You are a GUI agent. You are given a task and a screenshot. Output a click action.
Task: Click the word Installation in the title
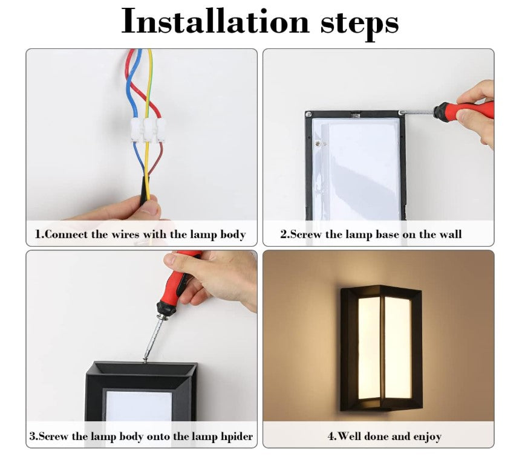(x=215, y=21)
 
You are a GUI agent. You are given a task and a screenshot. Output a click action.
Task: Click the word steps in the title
(x=360, y=24)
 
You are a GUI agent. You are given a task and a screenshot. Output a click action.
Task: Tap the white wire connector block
(x=148, y=130)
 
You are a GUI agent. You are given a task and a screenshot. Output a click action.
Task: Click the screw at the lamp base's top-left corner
(x=308, y=115)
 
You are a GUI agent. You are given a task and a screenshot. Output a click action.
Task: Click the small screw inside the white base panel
(x=318, y=143)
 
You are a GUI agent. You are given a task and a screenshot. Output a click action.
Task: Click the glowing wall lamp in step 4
(x=382, y=348)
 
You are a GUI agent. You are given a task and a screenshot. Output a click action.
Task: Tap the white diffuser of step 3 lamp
(x=139, y=406)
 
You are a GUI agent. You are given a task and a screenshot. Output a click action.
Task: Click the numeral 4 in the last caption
(x=331, y=436)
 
